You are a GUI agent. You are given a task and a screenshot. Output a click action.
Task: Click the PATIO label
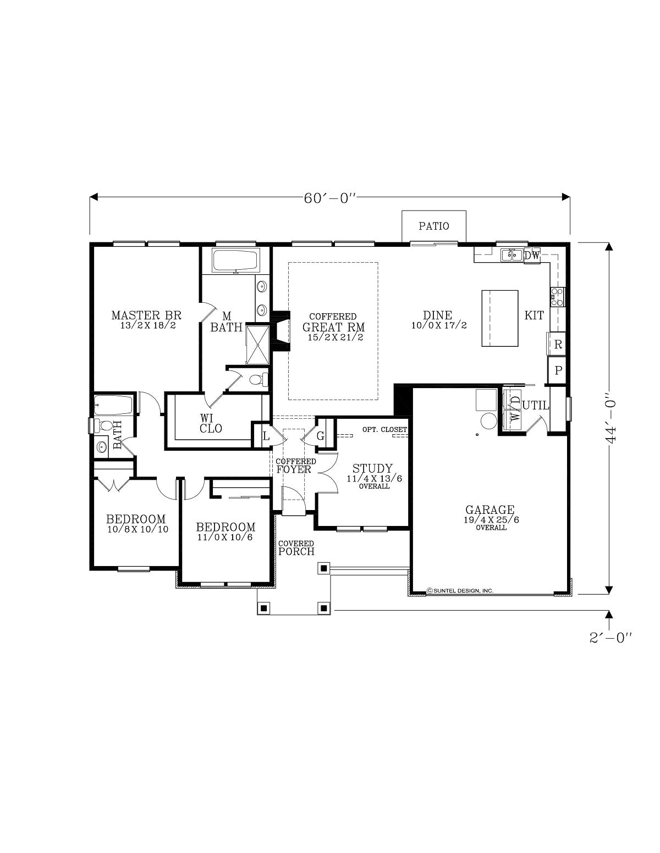(x=433, y=226)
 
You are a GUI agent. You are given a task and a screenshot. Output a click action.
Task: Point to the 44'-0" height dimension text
(x=610, y=418)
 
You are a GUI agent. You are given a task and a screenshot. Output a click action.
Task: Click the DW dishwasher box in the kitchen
(x=532, y=256)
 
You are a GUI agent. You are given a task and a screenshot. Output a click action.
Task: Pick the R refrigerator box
(x=557, y=344)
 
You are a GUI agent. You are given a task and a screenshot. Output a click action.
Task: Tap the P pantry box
(x=557, y=370)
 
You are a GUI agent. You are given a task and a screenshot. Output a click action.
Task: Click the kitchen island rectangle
(x=500, y=318)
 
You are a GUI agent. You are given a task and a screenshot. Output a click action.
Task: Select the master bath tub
(x=235, y=260)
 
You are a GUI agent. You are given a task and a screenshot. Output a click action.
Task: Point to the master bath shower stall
(x=257, y=345)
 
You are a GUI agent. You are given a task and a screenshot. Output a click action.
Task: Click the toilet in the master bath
(x=258, y=380)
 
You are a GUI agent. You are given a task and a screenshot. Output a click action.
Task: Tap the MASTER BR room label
(x=146, y=315)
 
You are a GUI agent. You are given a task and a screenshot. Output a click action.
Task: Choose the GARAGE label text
(x=490, y=509)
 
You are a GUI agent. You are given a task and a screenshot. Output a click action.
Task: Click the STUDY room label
(x=372, y=468)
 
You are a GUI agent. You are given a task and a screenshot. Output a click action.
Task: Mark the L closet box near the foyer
(x=266, y=436)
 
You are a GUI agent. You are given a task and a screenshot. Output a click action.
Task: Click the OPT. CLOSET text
(x=384, y=429)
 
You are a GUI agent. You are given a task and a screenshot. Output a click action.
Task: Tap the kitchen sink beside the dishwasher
(x=511, y=255)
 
